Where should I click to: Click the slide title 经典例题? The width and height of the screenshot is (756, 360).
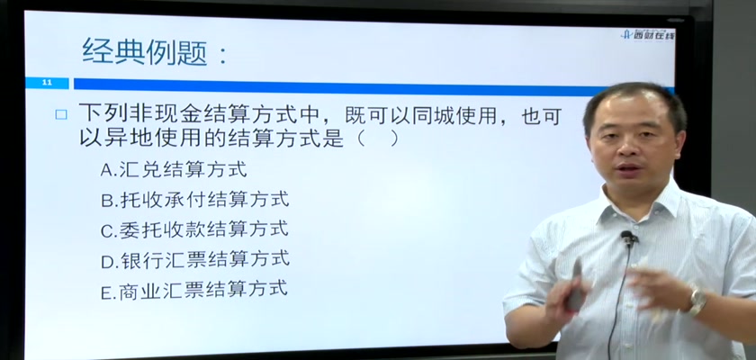pos(145,51)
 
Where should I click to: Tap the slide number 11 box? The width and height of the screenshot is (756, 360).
pos(47,83)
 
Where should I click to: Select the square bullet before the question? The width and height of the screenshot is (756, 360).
pos(61,114)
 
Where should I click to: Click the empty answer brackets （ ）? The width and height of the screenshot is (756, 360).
pos(377,139)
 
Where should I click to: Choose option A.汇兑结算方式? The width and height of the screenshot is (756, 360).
pos(174,169)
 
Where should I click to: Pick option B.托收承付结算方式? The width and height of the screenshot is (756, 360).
pos(194,200)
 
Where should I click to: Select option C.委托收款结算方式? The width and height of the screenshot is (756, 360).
pos(194,229)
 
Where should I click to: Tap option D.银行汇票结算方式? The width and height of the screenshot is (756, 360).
pos(195,260)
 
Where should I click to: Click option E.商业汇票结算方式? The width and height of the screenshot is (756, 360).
pos(193,290)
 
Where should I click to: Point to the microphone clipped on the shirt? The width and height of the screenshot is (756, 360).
pos(627,237)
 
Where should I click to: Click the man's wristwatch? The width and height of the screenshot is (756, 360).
pos(697,301)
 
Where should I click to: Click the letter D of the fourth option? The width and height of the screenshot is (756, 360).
pos(106,262)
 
